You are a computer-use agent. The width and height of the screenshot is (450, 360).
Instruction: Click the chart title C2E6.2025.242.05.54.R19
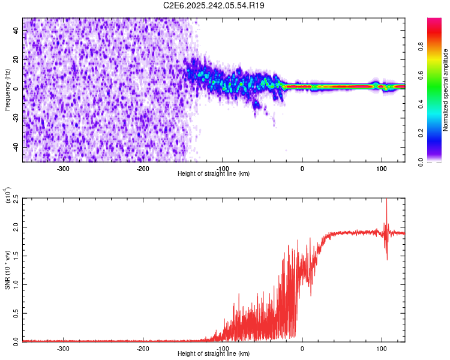(x=214, y=5)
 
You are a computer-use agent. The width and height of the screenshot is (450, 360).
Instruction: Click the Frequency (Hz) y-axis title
(x=7, y=89)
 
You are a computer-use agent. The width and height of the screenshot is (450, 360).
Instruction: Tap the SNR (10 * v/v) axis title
(x=7, y=268)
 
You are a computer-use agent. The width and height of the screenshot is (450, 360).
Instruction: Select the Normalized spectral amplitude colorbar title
(x=445, y=90)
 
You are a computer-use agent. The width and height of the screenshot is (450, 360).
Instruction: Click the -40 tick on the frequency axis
(x=14, y=147)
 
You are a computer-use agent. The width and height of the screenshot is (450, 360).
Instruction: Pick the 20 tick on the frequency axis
(x=16, y=60)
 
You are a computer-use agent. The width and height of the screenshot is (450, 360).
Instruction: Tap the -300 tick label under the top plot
(x=64, y=168)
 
